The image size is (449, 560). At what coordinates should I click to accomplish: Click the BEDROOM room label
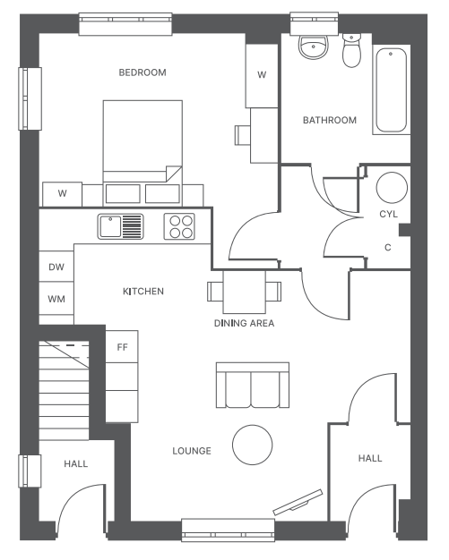point(142,72)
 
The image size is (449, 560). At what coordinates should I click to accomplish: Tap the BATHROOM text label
point(330,120)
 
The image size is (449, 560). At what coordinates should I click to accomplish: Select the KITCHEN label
point(143,292)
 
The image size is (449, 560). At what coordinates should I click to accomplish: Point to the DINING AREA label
point(244,323)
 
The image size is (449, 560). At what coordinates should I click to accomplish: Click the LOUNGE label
point(192,451)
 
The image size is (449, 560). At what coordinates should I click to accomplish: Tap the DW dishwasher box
point(56,267)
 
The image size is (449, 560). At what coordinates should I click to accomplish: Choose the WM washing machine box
point(56,299)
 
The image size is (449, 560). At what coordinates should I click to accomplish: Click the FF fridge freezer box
point(122,346)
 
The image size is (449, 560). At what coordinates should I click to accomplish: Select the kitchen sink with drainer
point(121,226)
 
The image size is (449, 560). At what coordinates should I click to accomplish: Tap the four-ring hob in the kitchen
point(179,226)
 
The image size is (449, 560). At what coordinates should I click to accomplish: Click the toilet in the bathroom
point(351,50)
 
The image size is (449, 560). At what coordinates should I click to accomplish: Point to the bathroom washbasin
point(313,47)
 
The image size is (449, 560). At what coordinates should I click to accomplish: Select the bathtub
point(391,90)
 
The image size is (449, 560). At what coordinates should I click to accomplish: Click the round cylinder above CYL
point(392,188)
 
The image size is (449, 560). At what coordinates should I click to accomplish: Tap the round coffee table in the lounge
point(252,445)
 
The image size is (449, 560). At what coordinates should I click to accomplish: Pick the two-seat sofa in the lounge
point(253,385)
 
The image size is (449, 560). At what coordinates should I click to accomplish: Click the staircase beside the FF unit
point(64,390)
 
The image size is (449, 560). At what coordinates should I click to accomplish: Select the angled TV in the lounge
point(298,503)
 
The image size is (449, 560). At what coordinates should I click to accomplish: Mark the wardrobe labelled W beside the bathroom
point(262,75)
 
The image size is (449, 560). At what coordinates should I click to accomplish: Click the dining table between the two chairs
point(245,292)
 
